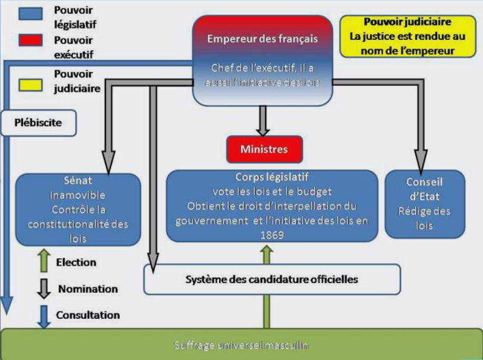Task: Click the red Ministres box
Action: tap(264, 148)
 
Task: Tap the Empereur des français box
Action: tap(263, 60)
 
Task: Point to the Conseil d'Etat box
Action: tap(424, 203)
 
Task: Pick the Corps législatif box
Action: tap(271, 205)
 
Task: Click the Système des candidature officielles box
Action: tap(272, 280)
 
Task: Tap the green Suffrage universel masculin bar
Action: tap(241, 345)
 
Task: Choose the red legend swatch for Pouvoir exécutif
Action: tap(31, 41)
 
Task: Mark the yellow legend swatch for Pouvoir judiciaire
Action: tap(31, 84)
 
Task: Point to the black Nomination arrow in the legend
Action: tap(44, 289)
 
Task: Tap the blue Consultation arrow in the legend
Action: tap(44, 316)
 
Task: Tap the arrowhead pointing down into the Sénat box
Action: tap(108, 163)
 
